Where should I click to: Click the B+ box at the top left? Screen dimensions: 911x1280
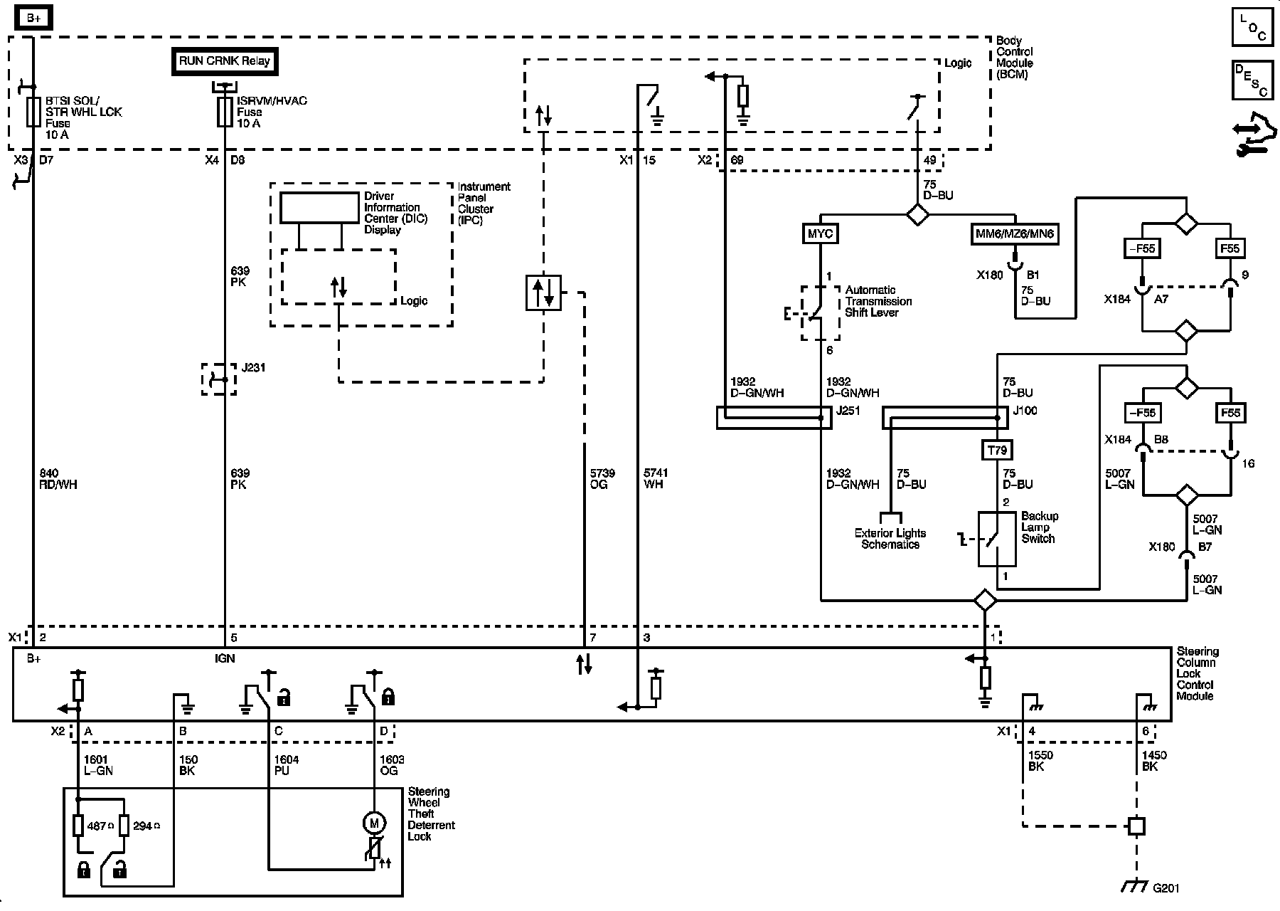point(33,19)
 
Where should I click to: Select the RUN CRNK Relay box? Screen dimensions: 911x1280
point(224,61)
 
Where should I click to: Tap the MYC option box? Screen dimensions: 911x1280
point(821,234)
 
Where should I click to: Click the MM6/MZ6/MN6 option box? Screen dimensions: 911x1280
point(1014,234)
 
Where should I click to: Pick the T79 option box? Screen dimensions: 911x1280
point(997,450)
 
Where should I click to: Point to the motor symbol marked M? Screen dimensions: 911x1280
point(374,823)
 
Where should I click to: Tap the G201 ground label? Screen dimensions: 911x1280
point(1166,888)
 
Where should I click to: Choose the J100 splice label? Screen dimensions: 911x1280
point(1025,411)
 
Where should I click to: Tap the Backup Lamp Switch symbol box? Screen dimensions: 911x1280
point(997,539)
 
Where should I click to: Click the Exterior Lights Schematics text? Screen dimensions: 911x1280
point(890,539)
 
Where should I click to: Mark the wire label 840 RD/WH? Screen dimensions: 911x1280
point(57,479)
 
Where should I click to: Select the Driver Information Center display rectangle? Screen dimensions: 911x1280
point(319,208)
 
